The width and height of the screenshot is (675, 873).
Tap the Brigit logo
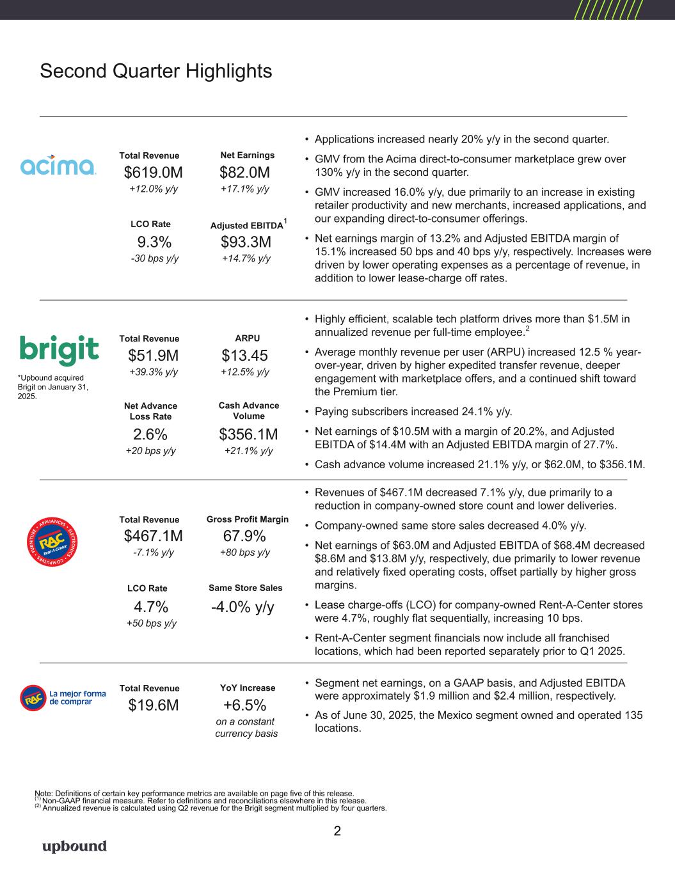60,350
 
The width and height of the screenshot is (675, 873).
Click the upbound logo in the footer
74,846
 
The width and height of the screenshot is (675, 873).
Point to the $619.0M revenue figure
153,173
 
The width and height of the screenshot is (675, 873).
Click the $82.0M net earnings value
244,173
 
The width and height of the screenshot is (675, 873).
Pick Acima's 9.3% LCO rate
154,242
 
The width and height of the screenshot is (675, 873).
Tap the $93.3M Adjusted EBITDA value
246,242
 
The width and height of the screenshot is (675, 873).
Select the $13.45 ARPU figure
244,356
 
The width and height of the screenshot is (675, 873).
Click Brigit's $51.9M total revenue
153,356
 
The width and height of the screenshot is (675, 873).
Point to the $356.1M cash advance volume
248,435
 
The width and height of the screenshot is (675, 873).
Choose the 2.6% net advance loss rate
150,435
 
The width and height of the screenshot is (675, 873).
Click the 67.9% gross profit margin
244,536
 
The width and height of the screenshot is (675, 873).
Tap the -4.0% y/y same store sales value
242,607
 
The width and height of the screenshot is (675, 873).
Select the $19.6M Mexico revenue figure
153,705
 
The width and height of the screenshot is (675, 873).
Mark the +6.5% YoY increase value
244,705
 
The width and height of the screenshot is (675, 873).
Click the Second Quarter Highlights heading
155,71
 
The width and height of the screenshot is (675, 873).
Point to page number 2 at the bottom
337,831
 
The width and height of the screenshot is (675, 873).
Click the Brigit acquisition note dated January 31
53,387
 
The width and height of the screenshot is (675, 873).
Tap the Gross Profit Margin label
248,519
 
